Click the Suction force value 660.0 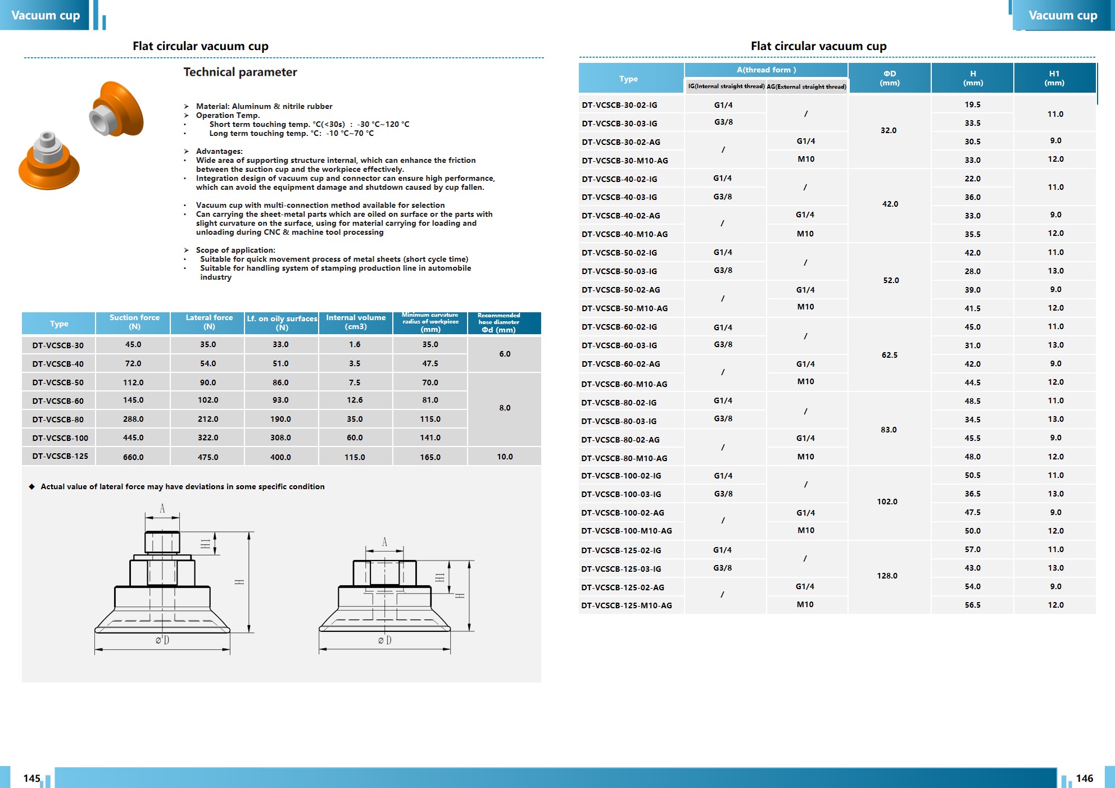click(x=133, y=457)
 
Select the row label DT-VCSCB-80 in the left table click(x=58, y=420)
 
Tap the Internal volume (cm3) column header click(x=356, y=322)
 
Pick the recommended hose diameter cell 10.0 click(x=505, y=457)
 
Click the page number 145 click(x=31, y=778)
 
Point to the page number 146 click(x=1084, y=778)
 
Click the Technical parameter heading click(x=240, y=72)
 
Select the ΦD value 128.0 click(x=887, y=576)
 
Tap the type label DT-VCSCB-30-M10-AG click(x=625, y=161)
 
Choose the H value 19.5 click(x=972, y=104)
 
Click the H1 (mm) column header click(x=1054, y=78)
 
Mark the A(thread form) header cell click(x=766, y=70)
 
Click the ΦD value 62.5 click(x=890, y=355)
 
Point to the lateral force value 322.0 click(x=208, y=438)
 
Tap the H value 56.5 click(x=972, y=605)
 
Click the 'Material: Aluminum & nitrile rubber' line click(x=264, y=106)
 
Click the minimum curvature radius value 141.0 click(x=430, y=438)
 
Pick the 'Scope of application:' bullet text click(x=235, y=250)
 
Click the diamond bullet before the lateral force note click(x=32, y=486)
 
